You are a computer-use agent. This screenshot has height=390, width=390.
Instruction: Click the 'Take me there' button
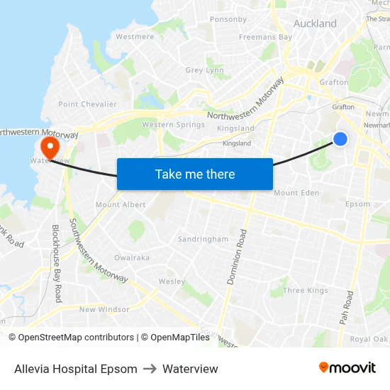195,174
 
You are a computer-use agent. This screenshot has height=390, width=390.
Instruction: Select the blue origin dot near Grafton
340,139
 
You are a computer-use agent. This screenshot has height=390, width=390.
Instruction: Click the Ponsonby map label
228,19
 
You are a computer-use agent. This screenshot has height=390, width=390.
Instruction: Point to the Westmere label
135,36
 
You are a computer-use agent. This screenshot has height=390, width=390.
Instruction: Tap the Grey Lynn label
204,70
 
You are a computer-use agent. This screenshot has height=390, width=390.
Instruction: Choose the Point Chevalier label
88,104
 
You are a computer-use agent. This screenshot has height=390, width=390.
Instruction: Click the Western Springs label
173,125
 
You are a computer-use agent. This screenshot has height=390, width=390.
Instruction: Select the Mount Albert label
121,205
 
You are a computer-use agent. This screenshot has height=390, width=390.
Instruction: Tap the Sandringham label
203,239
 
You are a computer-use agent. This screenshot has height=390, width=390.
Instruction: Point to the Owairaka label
132,258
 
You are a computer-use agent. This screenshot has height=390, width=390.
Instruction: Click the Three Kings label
306,291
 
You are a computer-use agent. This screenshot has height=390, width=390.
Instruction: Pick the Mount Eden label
296,193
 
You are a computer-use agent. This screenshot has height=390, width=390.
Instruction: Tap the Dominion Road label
236,257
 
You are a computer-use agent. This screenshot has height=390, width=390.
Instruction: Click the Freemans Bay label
265,37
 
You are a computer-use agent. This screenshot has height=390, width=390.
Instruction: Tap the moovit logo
347,368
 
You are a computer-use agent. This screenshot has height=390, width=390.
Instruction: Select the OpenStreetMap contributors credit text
72,338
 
